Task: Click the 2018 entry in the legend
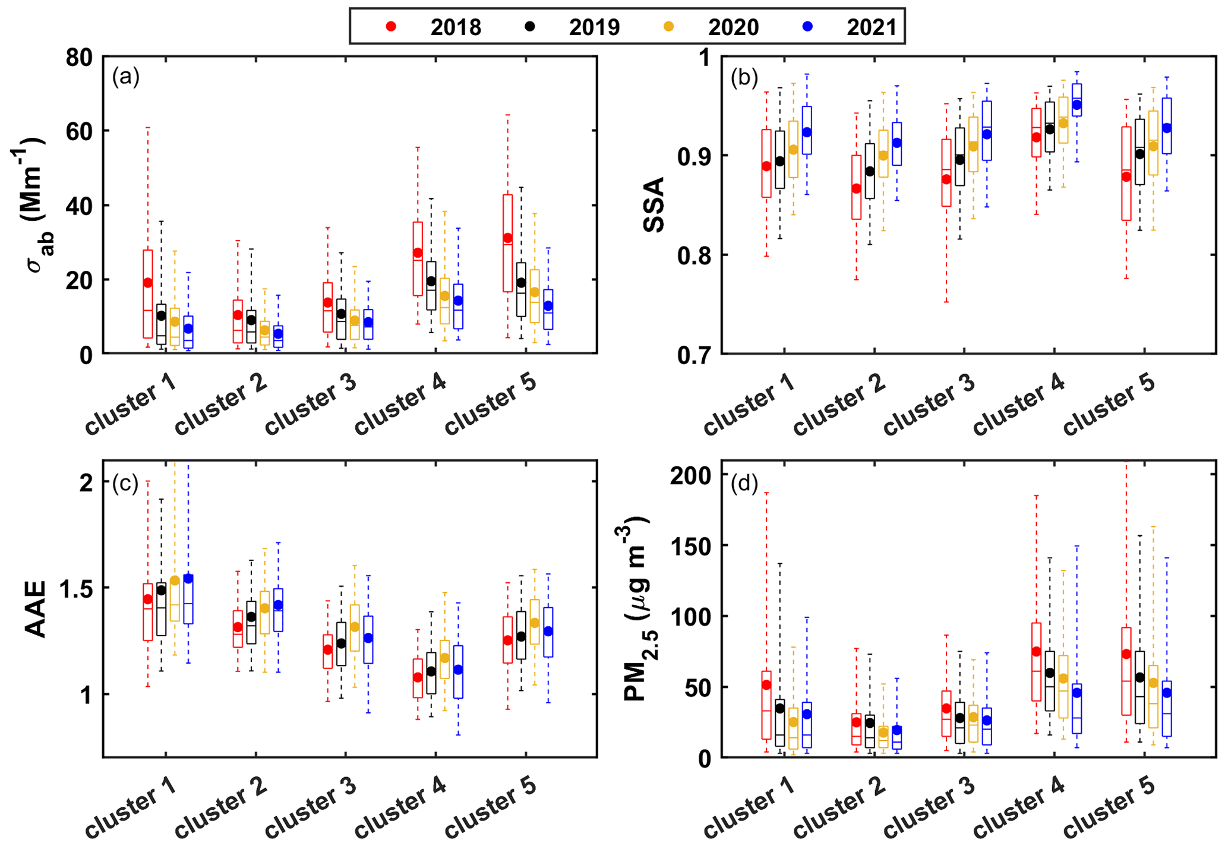(x=443, y=27)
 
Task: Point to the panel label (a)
(x=125, y=77)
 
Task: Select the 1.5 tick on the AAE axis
(x=77, y=588)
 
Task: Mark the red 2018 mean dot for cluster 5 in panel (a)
(x=507, y=238)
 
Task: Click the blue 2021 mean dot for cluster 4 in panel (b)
(x=1077, y=105)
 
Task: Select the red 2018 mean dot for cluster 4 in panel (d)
(x=1036, y=651)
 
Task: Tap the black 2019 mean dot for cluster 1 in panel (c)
(x=161, y=590)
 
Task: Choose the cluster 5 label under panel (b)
(x=1108, y=404)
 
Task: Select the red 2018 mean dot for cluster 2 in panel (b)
(x=856, y=188)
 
